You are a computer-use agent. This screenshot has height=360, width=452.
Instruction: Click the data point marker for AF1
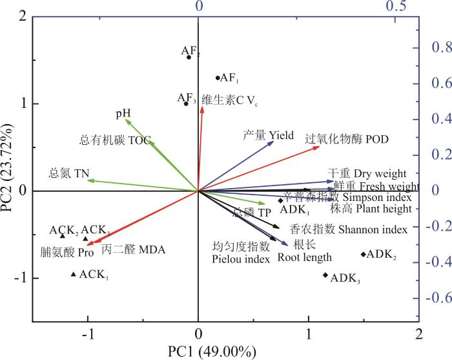[x=218, y=78]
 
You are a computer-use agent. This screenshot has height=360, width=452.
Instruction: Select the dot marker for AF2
[x=189, y=57]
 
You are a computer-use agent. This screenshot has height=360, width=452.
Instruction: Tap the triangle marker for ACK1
[x=74, y=275]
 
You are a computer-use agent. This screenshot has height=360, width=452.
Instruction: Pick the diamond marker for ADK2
[x=363, y=254]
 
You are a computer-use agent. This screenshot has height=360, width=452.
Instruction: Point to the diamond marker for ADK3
[x=325, y=275]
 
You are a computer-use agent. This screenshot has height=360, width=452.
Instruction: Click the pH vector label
[x=123, y=114]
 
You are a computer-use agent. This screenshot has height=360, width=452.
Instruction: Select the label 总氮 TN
[x=67, y=173]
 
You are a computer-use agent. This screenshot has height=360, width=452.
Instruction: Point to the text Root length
[x=305, y=257]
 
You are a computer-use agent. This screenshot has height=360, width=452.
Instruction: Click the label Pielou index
[x=240, y=259]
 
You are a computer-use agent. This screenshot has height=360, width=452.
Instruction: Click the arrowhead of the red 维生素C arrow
[x=203, y=108]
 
